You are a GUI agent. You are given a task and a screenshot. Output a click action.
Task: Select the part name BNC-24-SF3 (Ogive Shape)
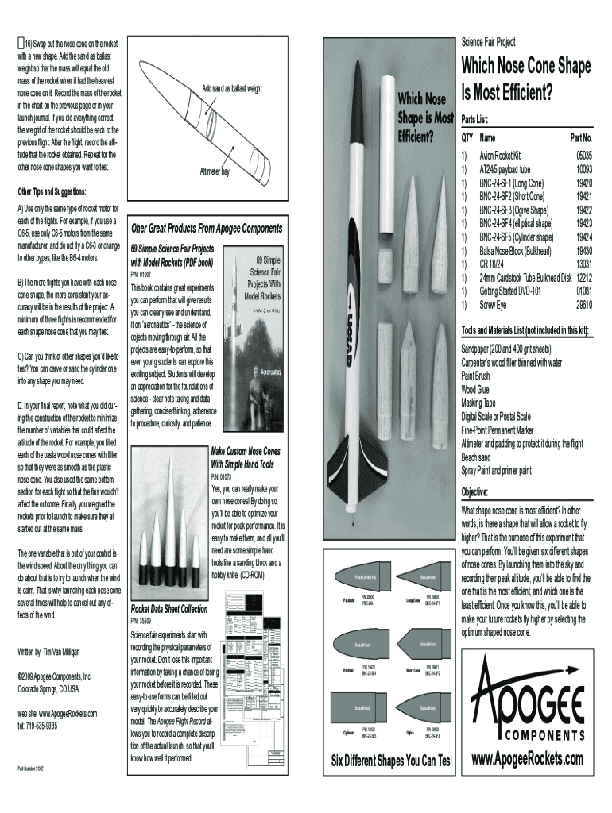tap(513, 210)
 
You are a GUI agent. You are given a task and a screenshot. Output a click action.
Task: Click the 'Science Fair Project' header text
tap(493, 42)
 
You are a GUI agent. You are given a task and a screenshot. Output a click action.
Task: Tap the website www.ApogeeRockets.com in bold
tap(527, 760)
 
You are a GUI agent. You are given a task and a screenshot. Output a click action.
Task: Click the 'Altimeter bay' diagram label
tap(214, 171)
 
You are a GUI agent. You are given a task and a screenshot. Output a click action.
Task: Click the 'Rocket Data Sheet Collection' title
tap(168, 610)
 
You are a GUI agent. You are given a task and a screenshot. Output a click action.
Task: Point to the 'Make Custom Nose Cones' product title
tap(246, 451)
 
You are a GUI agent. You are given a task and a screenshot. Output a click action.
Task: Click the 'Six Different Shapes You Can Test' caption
tap(390, 761)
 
